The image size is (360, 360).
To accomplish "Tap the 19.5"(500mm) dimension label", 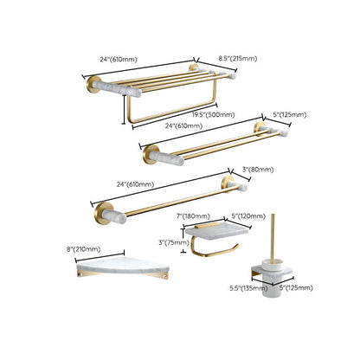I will tap(186, 113).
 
